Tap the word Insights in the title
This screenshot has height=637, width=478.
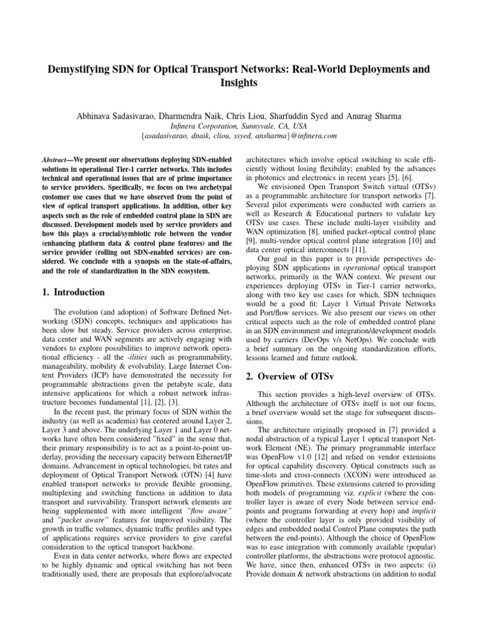[x=239, y=82]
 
